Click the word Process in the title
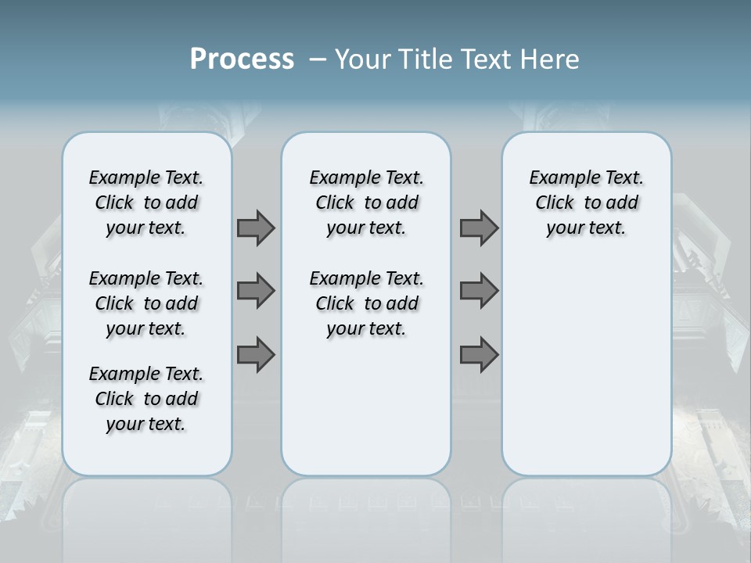(x=242, y=59)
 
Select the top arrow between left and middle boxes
(x=256, y=228)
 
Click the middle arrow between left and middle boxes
(x=256, y=291)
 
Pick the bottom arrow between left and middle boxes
(x=256, y=355)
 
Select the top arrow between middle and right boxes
(x=479, y=228)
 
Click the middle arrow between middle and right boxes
(x=479, y=291)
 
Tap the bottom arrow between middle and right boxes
(x=479, y=355)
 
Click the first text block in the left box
(x=146, y=203)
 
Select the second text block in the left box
(x=146, y=303)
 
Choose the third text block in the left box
(x=146, y=399)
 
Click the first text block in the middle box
(x=366, y=203)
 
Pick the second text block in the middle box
(x=366, y=303)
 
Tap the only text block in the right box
(x=587, y=203)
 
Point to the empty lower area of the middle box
(x=366, y=407)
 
